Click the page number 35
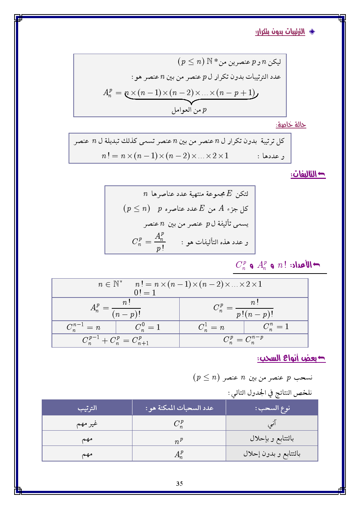[179, 484]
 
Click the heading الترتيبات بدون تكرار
[280, 32]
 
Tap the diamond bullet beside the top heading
[312, 32]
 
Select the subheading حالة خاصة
[291, 125]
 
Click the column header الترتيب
[87, 408]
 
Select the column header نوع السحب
[272, 408]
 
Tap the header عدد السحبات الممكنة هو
[179, 408]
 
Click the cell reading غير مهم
[87, 423]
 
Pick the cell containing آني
[272, 423]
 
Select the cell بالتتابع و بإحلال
[272, 439]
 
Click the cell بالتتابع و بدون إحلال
[272, 453]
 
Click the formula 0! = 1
[145, 293]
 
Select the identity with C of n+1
[115, 341]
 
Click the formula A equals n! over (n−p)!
[116, 308]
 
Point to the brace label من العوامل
[189, 110]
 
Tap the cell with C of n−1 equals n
[83, 327]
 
